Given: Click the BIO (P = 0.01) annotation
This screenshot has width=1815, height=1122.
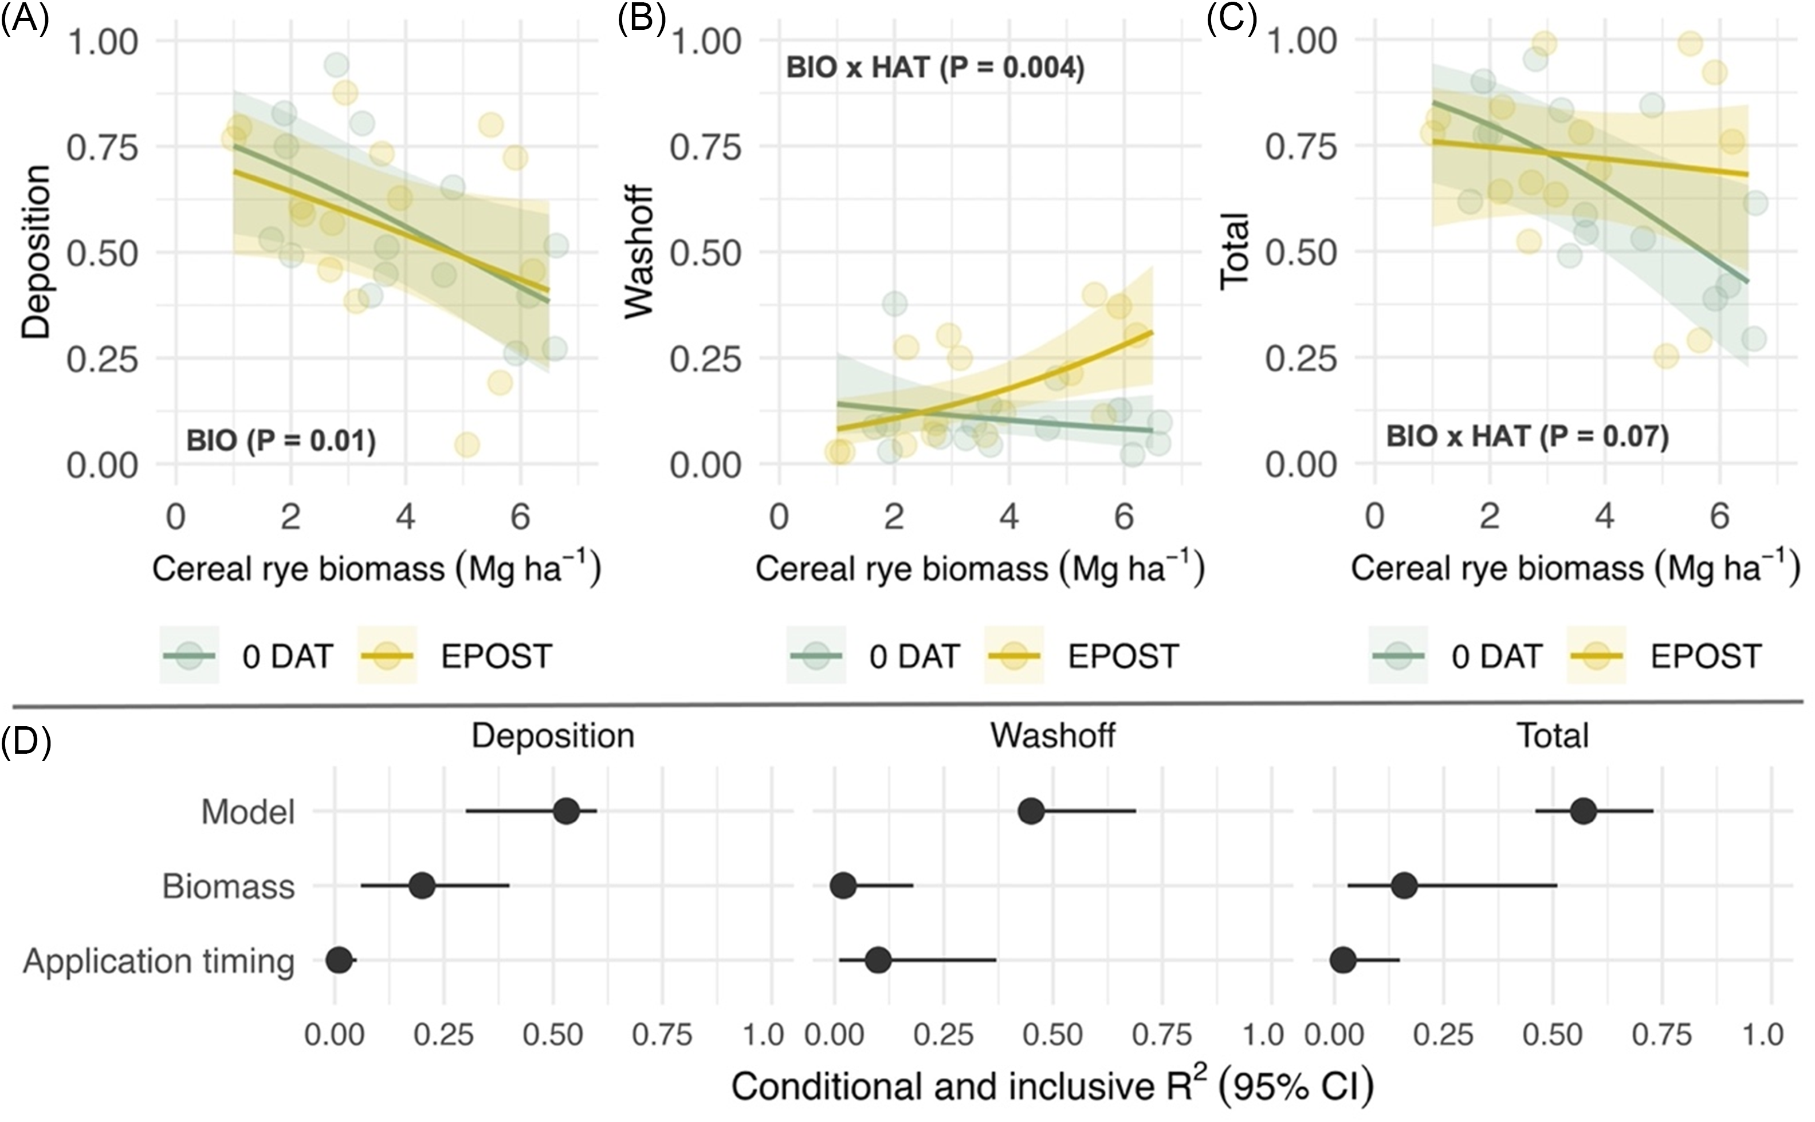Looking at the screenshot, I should pyautogui.click(x=281, y=441).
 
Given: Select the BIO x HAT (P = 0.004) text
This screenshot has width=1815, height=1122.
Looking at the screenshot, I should pyautogui.click(x=934, y=68).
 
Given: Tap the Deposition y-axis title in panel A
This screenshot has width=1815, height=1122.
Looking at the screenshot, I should pyautogui.click(x=35, y=253).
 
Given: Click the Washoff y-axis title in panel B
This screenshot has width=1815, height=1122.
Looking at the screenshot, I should pyautogui.click(x=638, y=253).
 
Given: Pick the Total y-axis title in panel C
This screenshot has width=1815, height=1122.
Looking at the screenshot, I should pyautogui.click(x=1235, y=250).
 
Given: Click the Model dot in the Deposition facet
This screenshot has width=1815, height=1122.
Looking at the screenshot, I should pyautogui.click(x=567, y=811).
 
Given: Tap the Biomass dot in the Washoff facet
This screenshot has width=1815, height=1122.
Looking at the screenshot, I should pyautogui.click(x=843, y=886).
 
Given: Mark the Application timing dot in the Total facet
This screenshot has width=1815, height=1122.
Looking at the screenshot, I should pyautogui.click(x=1343, y=961).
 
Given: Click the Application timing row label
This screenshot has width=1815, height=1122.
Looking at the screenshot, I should pyautogui.click(x=159, y=961).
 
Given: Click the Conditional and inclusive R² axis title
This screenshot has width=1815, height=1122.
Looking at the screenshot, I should pyautogui.click(x=1052, y=1086).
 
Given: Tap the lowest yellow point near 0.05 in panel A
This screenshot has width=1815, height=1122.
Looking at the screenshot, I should pyautogui.click(x=467, y=445).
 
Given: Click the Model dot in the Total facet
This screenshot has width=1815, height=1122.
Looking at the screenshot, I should pyautogui.click(x=1584, y=811).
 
